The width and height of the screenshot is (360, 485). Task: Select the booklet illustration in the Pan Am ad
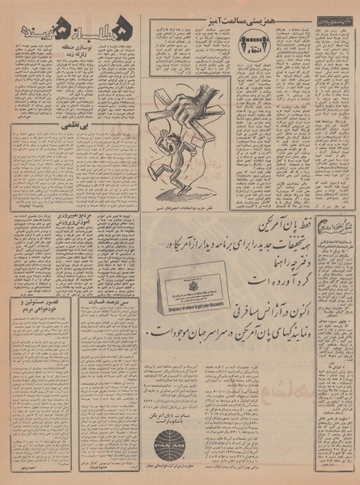(x=174, y=287)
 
